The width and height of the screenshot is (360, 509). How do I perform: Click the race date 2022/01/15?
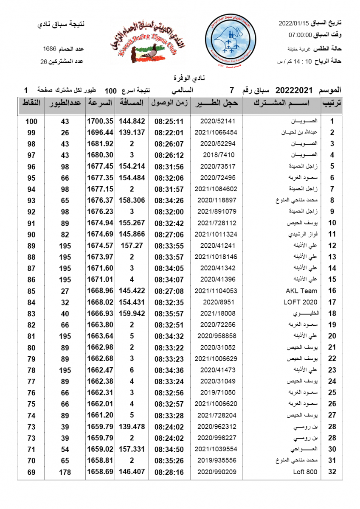click(294, 22)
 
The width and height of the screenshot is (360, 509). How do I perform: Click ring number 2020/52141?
click(217, 121)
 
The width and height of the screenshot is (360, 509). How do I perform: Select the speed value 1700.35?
click(100, 121)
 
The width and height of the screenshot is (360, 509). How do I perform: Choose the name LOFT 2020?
click(300, 302)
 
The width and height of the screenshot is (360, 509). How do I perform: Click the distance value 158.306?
click(132, 200)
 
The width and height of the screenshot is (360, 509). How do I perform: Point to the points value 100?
click(31, 121)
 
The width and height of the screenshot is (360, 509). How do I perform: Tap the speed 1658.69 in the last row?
click(100, 472)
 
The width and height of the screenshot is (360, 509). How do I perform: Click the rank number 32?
click(332, 472)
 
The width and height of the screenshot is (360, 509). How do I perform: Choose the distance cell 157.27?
click(132, 246)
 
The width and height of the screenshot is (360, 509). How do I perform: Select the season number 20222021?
click(294, 90)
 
